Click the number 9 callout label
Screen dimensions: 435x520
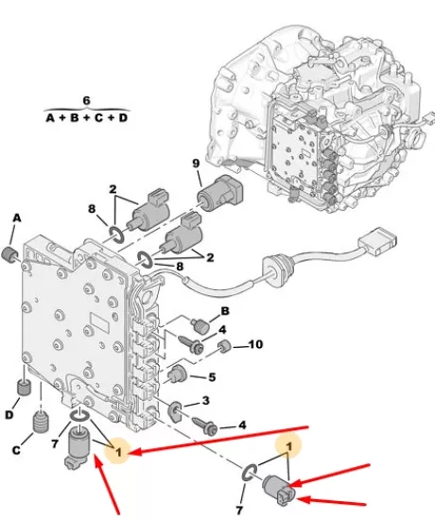click(x=196, y=164)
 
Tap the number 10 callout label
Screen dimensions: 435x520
click(x=255, y=344)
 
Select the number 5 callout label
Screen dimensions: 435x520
click(x=212, y=377)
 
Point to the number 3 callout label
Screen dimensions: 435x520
click(x=206, y=401)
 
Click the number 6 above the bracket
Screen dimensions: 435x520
click(x=86, y=100)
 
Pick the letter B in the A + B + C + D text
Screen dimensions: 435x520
click(x=74, y=118)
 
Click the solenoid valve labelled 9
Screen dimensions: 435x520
click(x=220, y=193)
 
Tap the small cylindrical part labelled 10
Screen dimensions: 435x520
click(x=225, y=347)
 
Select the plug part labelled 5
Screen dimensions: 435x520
click(x=177, y=374)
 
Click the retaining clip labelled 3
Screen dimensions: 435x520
click(x=175, y=411)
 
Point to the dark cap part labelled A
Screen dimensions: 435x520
click(x=9, y=254)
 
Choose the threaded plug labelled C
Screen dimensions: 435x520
click(x=42, y=422)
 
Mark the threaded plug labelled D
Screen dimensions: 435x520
click(x=24, y=387)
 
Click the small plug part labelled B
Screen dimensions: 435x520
click(x=200, y=324)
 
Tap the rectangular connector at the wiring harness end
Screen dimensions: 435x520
click(x=377, y=241)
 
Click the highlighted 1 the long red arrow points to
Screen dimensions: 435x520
click(x=118, y=451)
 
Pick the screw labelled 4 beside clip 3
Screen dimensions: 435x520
click(x=206, y=425)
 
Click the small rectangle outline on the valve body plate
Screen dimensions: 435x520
click(x=100, y=322)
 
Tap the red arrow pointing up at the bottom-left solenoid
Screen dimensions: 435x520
click(x=106, y=485)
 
